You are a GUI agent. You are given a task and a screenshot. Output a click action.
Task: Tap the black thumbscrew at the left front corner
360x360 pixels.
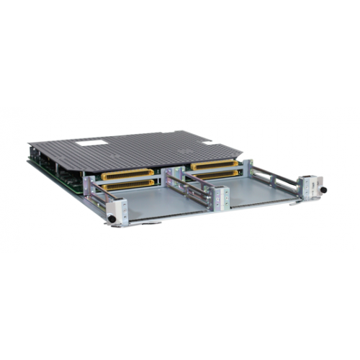tap(112, 219)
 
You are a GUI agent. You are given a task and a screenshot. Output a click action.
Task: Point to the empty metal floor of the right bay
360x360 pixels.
tap(256, 189)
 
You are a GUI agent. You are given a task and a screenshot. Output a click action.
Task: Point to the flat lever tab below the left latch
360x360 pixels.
tap(144, 222)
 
